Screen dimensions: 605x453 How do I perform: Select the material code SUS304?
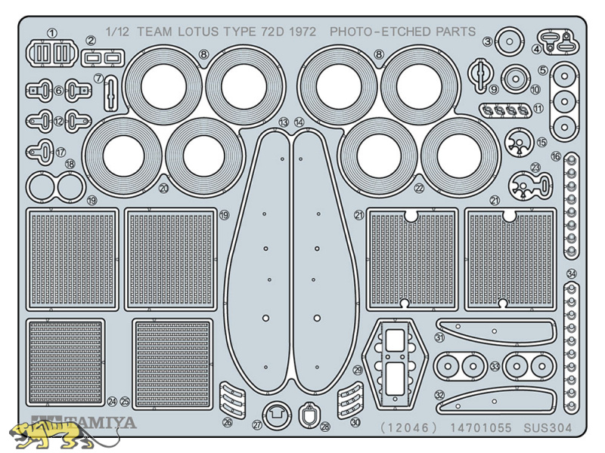tap(548, 427)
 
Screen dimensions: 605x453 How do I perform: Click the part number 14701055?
tap(480, 427)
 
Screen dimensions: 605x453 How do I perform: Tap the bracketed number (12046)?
tap(409, 427)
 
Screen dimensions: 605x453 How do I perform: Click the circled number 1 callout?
tap(51, 33)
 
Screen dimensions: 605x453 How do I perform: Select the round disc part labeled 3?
tap(509, 42)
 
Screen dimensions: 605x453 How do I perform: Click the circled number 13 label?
tap(284, 122)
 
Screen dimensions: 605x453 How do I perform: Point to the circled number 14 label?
tap(299, 122)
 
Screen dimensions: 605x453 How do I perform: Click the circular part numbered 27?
tap(277, 415)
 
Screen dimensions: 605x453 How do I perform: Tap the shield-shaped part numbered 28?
tap(308, 415)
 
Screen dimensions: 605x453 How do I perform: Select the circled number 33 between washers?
tap(495, 366)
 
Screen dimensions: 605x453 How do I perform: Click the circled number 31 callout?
tap(439, 337)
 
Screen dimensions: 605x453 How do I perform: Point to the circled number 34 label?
tap(572, 274)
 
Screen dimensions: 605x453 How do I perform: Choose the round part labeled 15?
tap(520, 143)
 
